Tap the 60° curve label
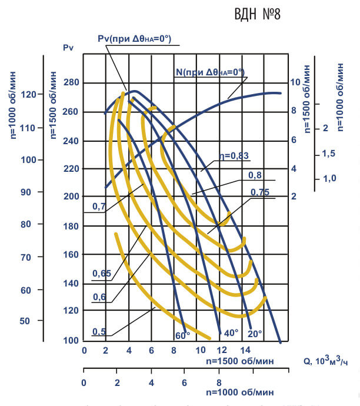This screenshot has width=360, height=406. pyautogui.click(x=182, y=335)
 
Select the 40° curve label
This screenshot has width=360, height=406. pyautogui.click(x=231, y=333)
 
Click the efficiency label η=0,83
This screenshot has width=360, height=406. pyautogui.click(x=234, y=156)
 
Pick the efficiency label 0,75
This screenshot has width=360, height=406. pyautogui.click(x=259, y=192)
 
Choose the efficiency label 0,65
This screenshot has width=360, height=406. pyautogui.click(x=101, y=274)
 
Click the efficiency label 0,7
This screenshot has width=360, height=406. pyautogui.click(x=99, y=207)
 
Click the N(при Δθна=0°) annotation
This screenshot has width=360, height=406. pyautogui.click(x=210, y=72)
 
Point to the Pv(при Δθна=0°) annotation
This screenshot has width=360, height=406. pyautogui.click(x=134, y=39)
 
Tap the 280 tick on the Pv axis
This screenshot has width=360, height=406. pyautogui.click(x=71, y=83)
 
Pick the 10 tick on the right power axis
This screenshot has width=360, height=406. pyautogui.click(x=295, y=83)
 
